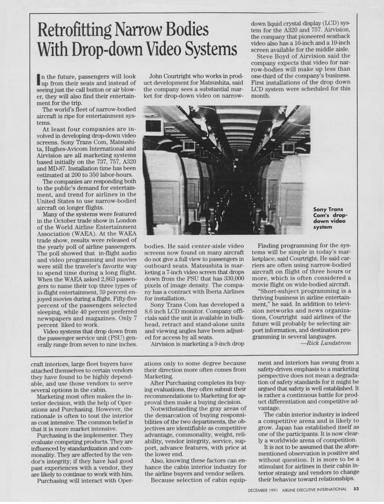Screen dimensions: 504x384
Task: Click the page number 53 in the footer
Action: (x=356, y=489)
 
